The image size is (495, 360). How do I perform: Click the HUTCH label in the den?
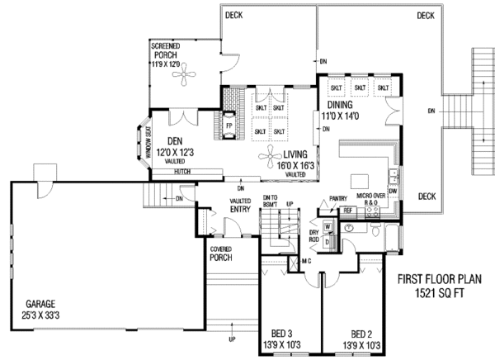183,172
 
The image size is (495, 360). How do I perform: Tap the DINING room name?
341,106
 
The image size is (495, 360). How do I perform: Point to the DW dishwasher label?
393,191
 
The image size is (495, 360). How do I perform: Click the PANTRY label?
337,198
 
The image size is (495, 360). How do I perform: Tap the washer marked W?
328,225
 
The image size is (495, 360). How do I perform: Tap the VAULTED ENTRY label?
241,206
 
